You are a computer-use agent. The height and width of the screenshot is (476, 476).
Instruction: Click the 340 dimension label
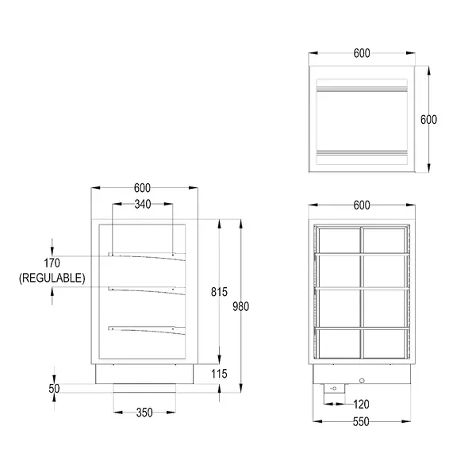coord(142,204)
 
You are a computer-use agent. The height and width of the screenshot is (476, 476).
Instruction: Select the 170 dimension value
coord(52,263)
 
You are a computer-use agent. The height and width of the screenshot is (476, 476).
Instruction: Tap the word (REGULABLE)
coord(52,278)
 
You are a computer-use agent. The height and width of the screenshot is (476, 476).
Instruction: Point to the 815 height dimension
coord(220,292)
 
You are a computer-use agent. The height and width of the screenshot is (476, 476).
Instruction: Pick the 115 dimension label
coord(220,374)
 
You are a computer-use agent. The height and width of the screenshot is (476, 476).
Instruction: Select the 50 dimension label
coord(54,389)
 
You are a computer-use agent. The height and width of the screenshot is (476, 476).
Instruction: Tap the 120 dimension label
coord(361,404)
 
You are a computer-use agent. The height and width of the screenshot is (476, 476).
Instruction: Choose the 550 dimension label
coord(361,422)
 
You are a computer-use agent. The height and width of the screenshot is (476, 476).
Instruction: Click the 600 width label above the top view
coord(361,54)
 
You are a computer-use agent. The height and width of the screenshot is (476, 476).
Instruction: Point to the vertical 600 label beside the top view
coord(428,120)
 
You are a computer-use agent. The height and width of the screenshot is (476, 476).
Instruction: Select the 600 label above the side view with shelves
coord(142,188)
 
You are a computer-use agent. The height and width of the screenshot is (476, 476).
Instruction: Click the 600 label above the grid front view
coord(361,205)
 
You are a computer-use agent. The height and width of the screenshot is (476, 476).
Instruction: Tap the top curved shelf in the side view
coord(147,255)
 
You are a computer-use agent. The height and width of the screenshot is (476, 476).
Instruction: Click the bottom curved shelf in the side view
coord(147,328)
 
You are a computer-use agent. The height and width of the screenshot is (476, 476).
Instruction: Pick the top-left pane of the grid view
coord(339,240)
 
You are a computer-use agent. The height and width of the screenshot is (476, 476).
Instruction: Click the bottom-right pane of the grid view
coord(386,343)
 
